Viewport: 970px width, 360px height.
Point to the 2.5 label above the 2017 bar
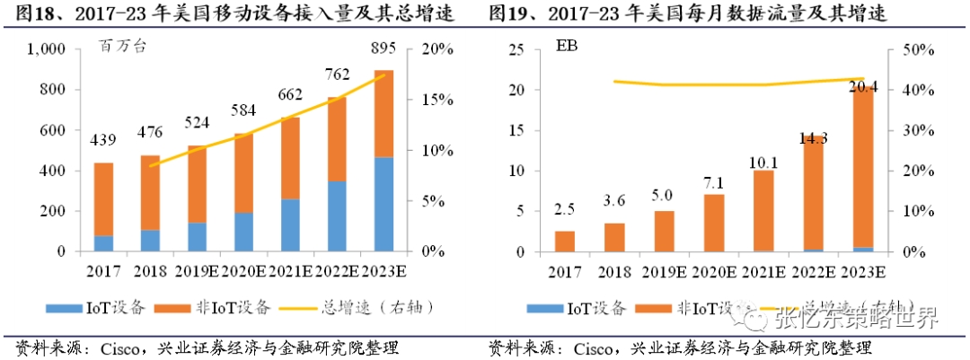point(564,211)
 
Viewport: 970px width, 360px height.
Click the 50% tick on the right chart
point(912,49)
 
